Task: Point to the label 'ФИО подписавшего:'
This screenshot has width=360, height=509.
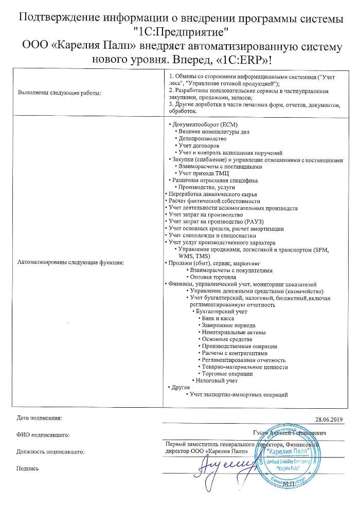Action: (x=43, y=435)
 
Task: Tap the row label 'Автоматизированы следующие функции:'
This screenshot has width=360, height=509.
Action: (x=71, y=262)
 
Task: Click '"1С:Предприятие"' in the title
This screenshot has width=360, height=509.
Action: (x=180, y=32)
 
